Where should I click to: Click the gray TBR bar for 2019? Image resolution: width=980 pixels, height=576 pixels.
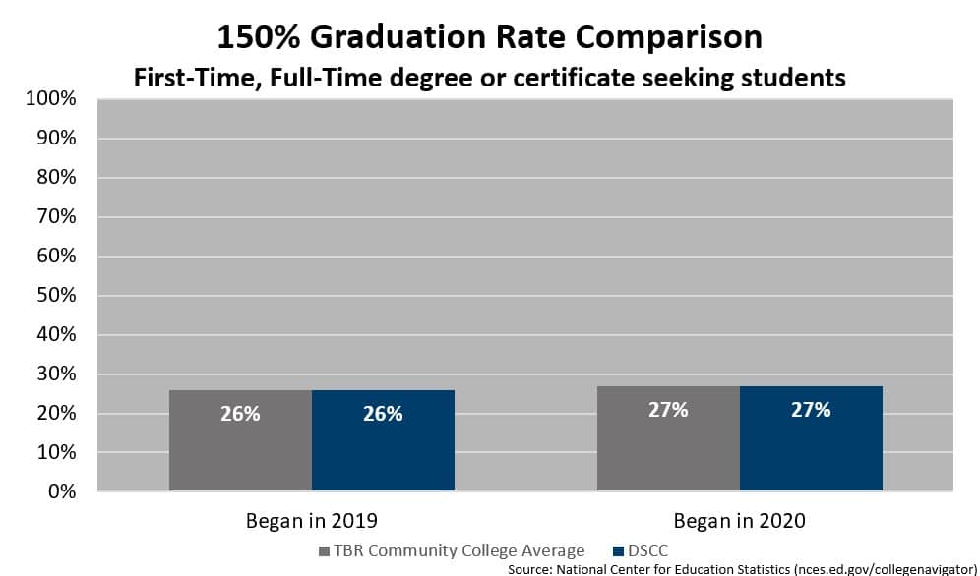[240, 439]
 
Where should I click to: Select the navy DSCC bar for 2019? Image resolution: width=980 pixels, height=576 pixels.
[383, 439]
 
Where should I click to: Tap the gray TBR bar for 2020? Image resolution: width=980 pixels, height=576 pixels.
[668, 437]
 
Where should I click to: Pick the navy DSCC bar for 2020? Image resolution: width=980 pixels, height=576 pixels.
[811, 437]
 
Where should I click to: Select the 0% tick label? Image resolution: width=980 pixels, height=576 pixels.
[62, 491]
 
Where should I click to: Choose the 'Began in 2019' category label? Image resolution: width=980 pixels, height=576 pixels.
[311, 520]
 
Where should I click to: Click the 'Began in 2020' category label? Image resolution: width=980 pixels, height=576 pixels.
[739, 520]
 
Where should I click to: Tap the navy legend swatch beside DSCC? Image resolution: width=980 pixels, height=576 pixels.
[618, 551]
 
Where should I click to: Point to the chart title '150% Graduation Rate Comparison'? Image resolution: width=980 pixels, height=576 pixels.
[489, 37]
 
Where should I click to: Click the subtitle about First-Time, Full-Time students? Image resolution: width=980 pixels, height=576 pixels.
[489, 77]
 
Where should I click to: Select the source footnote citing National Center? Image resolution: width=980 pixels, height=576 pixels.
[742, 568]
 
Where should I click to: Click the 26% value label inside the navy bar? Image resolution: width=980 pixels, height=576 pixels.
[383, 414]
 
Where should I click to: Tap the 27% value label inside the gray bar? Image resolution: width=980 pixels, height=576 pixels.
[668, 410]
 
